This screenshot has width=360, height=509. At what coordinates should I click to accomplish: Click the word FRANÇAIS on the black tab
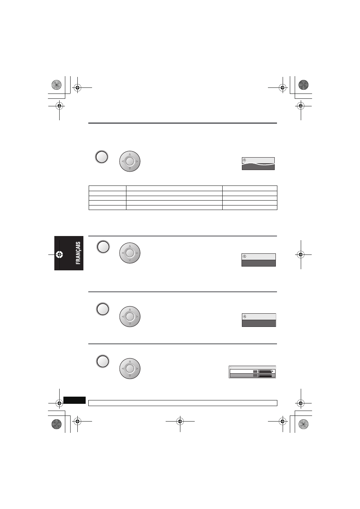click(78, 253)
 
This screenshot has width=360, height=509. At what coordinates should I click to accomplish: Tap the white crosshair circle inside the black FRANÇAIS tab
click(59, 255)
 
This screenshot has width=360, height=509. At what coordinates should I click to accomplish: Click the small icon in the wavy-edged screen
click(245, 160)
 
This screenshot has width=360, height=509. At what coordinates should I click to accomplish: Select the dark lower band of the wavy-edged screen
click(258, 167)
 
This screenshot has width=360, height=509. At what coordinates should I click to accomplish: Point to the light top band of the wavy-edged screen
click(258, 160)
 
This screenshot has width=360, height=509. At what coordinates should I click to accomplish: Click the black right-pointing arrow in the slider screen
click(273, 371)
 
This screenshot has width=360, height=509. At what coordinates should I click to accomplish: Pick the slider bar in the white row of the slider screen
click(265, 371)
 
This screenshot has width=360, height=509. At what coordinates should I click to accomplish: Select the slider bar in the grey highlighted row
click(265, 376)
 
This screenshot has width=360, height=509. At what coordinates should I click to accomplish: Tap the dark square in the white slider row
click(255, 371)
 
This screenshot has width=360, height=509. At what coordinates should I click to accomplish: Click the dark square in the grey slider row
click(255, 376)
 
